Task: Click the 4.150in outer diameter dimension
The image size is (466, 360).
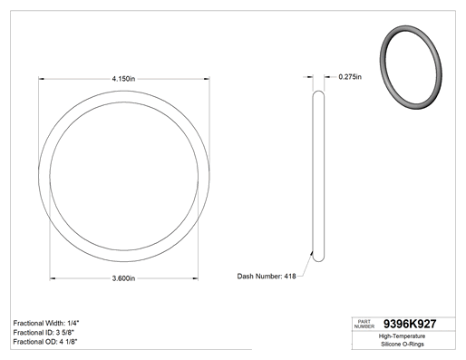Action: pyautogui.click(x=123, y=79)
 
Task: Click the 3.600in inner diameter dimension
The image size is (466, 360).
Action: pyautogui.click(x=123, y=278)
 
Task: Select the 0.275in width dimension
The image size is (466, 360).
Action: pyautogui.click(x=350, y=77)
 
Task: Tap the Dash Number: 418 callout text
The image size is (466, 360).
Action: pyautogui.click(x=267, y=277)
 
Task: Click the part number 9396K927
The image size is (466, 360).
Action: pyautogui.click(x=410, y=324)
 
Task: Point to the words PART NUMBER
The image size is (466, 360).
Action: pyautogui.click(x=364, y=324)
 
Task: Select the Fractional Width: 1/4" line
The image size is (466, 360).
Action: pyautogui.click(x=46, y=323)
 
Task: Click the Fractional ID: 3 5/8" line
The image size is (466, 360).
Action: pyautogui.click(x=44, y=333)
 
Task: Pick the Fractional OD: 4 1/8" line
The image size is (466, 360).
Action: pyautogui.click(x=45, y=342)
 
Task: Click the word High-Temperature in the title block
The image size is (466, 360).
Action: pyautogui.click(x=402, y=336)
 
